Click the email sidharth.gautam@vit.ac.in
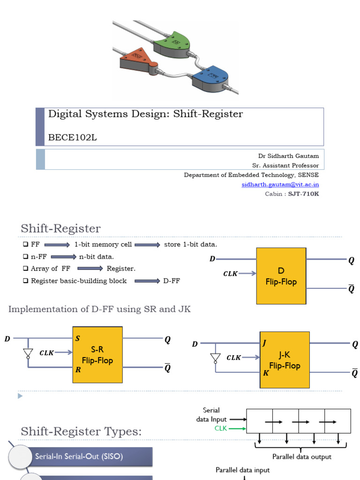pos(280,185)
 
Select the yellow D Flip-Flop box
pos(281,276)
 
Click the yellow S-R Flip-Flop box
pos(97,355)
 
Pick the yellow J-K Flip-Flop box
pos(285,360)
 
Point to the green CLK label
pos(221,428)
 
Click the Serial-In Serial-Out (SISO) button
pos(79,456)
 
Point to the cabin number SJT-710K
pos(304,194)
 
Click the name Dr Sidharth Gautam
pos(288,156)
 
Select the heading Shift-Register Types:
pos(81,431)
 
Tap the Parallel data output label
pos(302,457)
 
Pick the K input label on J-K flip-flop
pos(265,374)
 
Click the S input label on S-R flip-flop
pos(78,338)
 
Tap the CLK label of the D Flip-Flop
pos(230,274)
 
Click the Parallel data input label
pos(242,470)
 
